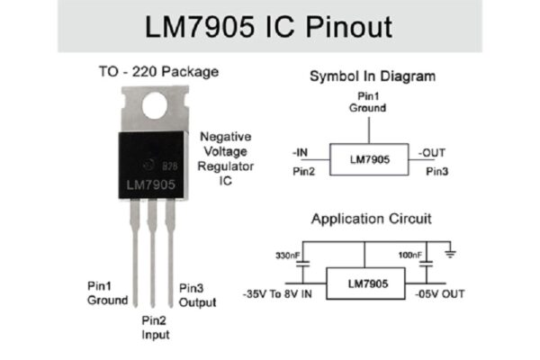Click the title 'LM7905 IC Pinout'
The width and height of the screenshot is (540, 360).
tap(269, 26)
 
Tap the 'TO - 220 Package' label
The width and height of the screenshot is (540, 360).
tap(158, 71)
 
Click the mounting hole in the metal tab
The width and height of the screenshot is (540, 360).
tap(156, 106)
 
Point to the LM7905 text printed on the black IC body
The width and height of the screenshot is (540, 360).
tap(150, 185)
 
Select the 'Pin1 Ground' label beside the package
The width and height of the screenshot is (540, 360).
tap(107, 293)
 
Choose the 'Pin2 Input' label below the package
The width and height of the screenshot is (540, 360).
tap(156, 327)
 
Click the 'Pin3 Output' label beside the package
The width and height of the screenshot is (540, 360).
tap(197, 294)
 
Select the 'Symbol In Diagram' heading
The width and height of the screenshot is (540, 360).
tap(373, 76)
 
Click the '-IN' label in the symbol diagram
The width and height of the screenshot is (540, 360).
tap(301, 152)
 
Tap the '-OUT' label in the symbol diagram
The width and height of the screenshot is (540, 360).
tap(432, 152)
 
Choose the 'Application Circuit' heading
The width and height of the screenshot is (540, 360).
tap(372, 219)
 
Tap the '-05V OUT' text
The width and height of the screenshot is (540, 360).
tap(441, 293)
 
